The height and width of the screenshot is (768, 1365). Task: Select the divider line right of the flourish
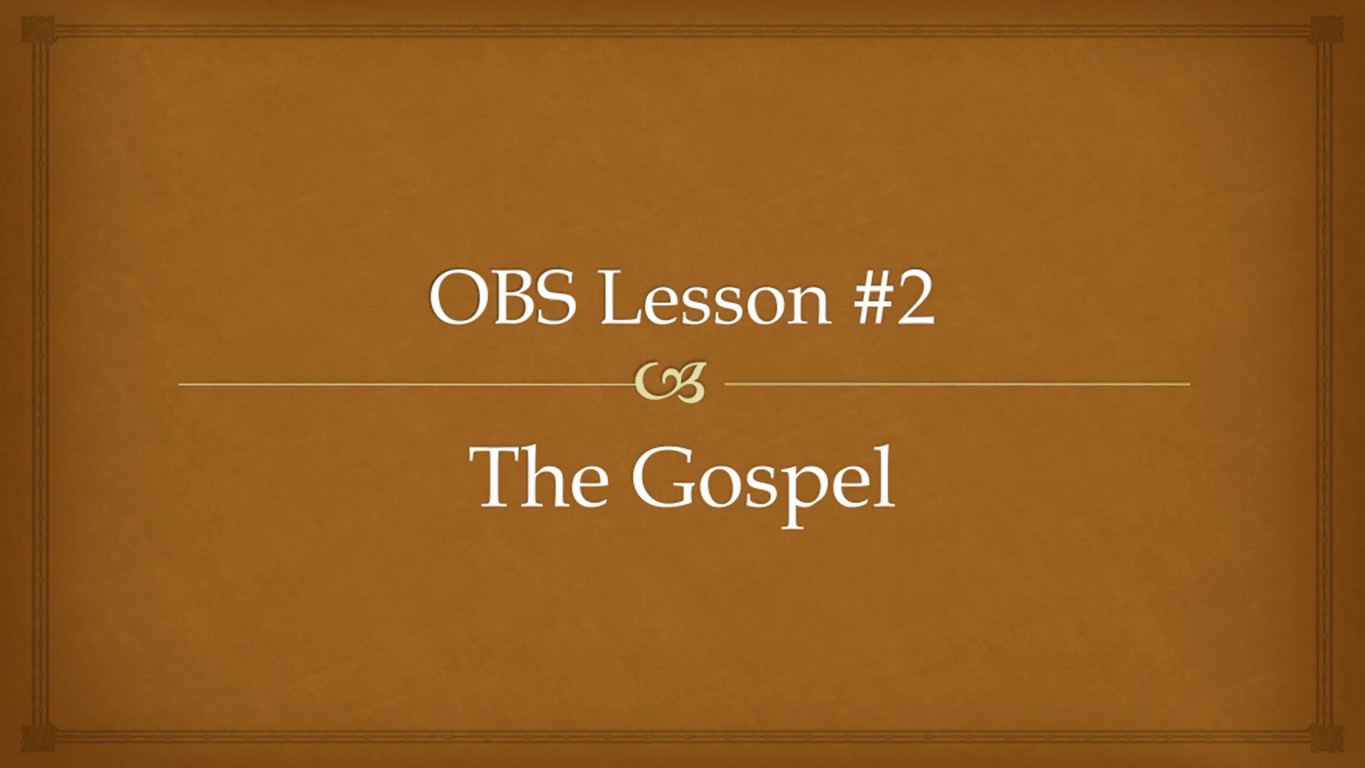pyautogui.click(x=957, y=383)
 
